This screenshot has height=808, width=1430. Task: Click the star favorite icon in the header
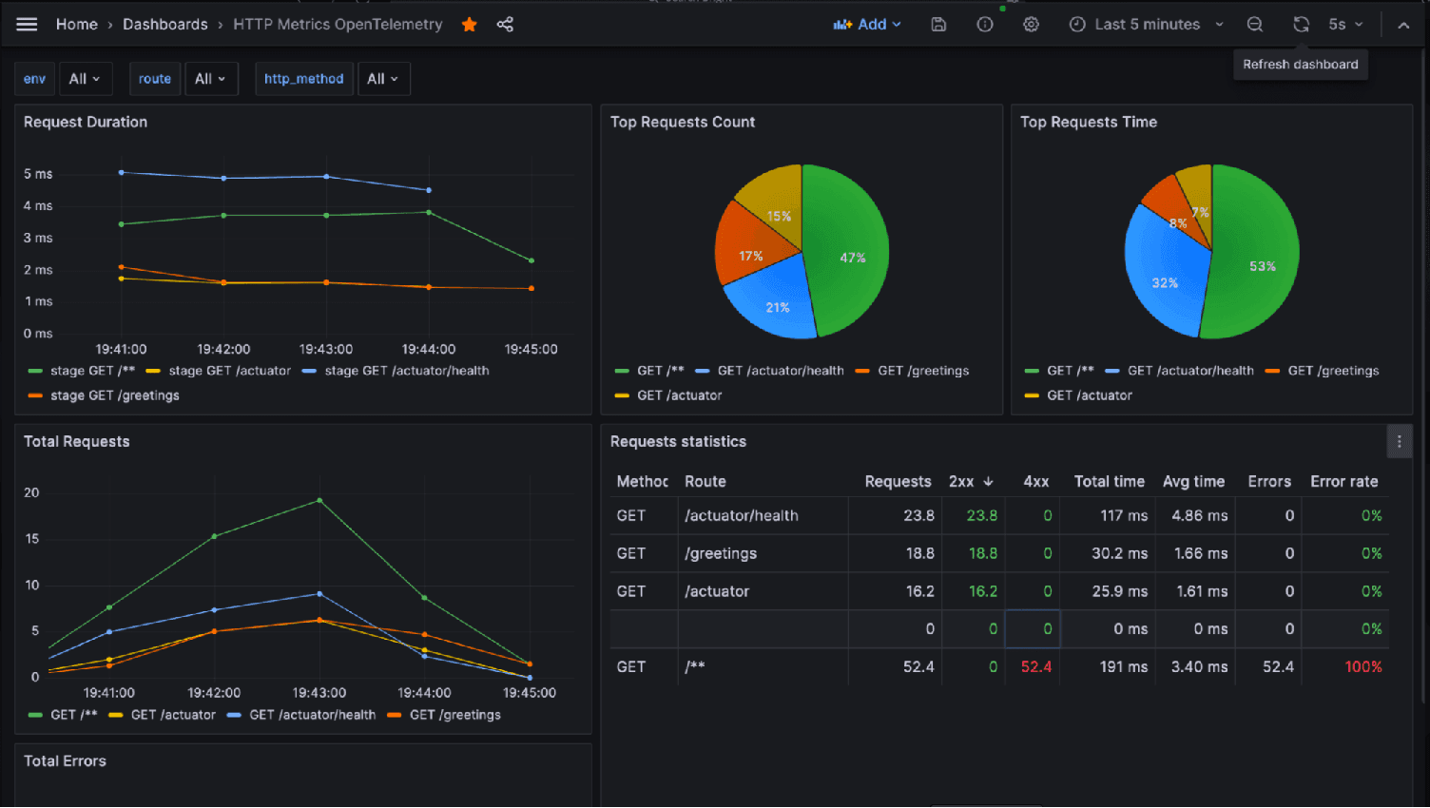coord(470,25)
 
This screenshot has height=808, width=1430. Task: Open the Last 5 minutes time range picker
coord(1146,25)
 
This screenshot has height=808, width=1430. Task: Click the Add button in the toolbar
coord(867,25)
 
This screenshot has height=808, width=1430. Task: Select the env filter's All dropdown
coord(85,79)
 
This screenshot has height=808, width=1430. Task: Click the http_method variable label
coord(303,79)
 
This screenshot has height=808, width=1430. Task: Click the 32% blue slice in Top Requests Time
coord(1165,282)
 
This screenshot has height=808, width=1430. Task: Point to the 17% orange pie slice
coord(750,255)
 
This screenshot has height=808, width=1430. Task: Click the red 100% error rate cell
coord(1362,666)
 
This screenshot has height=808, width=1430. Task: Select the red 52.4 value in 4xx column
coord(1035,666)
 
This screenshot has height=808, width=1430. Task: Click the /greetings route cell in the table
coord(721,553)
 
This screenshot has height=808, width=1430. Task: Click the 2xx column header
coord(961,481)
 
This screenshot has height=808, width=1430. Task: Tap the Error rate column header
coord(1343,481)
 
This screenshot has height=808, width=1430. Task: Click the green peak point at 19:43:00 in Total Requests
coord(319,500)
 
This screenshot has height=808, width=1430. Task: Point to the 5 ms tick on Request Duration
coord(38,174)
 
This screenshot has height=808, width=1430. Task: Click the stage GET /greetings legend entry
coord(114,395)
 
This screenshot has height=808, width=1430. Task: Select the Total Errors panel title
coord(65,760)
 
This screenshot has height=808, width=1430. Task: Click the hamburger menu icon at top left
coord(27,25)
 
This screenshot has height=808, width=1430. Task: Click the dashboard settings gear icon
coord(1031,25)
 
